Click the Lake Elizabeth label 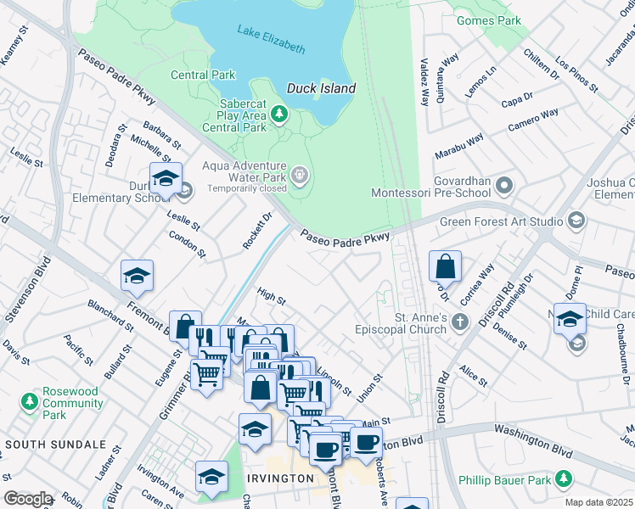pyautogui.click(x=271, y=41)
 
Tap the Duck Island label pyautogui.click(x=321, y=88)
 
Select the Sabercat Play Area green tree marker pyautogui.click(x=278, y=113)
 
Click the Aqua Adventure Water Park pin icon pyautogui.click(x=299, y=176)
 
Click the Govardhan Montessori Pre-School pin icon pyautogui.click(x=504, y=184)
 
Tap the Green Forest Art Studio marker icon pyautogui.click(x=576, y=221)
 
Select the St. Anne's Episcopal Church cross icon pyautogui.click(x=459, y=322)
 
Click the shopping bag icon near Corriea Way pyautogui.click(x=445, y=267)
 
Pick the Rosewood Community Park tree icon pyautogui.click(x=31, y=400)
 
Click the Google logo pyautogui.click(x=27, y=499)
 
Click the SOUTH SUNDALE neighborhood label pyautogui.click(x=56, y=444)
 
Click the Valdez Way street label pyautogui.click(x=424, y=82)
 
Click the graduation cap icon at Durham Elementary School pyautogui.click(x=166, y=178)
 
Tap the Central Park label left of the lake pyautogui.click(x=203, y=75)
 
